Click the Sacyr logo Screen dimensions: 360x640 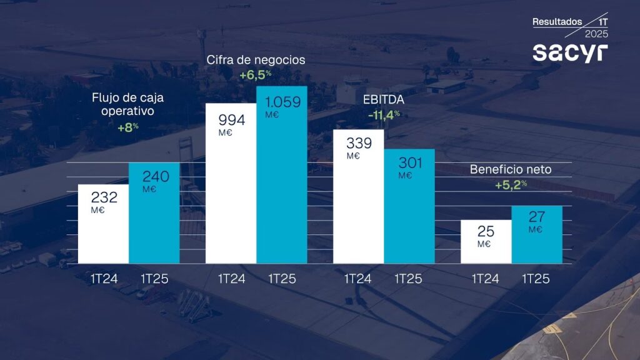point(569,52)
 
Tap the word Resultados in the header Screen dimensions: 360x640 point(557,21)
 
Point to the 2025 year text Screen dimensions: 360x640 point(596,34)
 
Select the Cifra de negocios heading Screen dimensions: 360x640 point(256,60)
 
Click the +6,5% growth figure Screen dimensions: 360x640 point(255,74)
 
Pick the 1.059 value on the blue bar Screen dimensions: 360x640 point(283,102)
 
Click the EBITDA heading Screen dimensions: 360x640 point(384,99)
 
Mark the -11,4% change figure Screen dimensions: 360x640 point(383,114)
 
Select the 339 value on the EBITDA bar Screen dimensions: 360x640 point(359,143)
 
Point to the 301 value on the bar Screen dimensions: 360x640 point(410,163)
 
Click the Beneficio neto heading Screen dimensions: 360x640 point(511,169)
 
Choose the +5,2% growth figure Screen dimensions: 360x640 point(511,184)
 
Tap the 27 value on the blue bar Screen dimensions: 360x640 point(536,217)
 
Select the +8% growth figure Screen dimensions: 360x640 point(127,127)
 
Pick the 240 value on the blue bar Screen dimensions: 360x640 point(155,177)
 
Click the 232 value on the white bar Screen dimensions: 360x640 point(104,197)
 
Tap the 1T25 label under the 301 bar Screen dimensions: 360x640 point(410,279)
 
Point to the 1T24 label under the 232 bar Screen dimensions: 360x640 point(104,279)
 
